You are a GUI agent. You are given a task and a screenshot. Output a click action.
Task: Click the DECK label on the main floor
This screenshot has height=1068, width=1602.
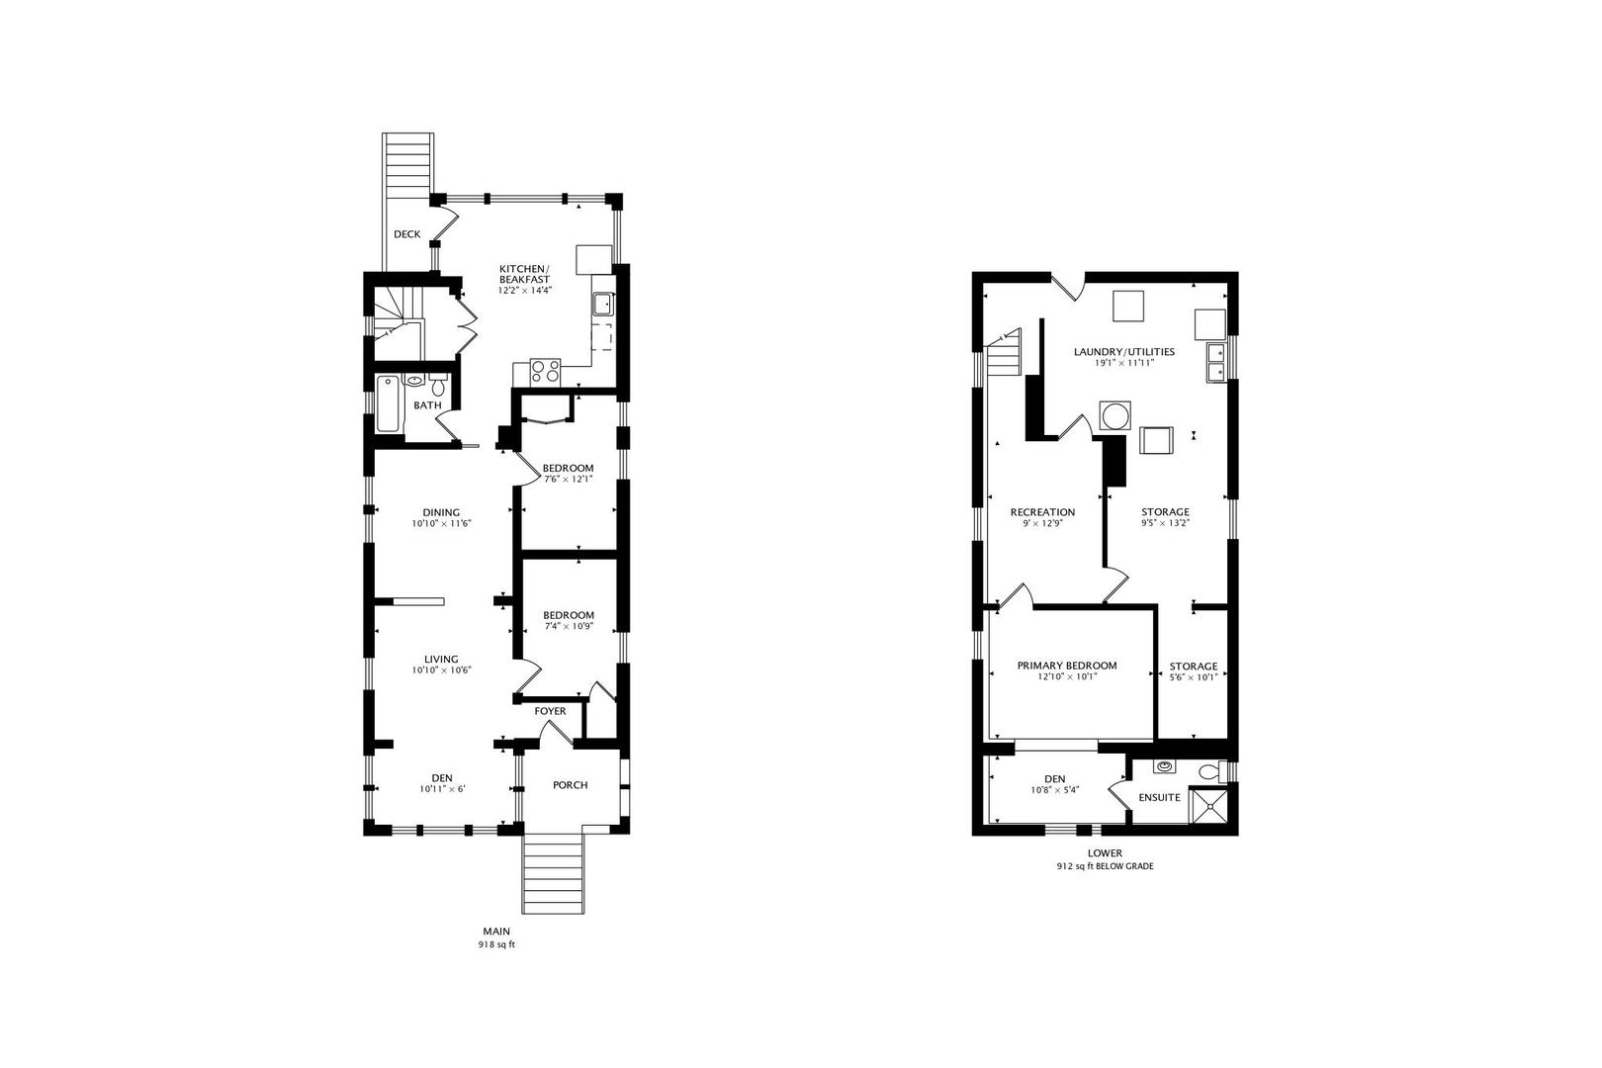(x=406, y=234)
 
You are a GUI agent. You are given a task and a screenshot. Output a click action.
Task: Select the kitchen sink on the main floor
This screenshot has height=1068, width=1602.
(x=602, y=304)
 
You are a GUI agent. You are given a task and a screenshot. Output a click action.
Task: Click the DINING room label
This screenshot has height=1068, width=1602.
(x=441, y=512)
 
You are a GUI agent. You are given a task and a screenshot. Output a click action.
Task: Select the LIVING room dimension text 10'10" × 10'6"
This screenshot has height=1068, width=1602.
(x=441, y=670)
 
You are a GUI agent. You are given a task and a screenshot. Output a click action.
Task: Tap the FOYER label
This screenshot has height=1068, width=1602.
(x=550, y=711)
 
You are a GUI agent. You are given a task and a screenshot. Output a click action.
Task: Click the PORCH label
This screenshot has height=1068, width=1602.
(x=570, y=785)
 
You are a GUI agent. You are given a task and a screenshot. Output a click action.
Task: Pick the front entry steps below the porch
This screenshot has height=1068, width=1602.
(x=557, y=874)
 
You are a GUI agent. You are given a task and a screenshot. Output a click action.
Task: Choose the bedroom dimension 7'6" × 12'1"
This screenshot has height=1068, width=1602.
(x=569, y=480)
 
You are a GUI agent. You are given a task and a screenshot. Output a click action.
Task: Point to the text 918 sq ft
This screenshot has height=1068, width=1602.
(x=496, y=944)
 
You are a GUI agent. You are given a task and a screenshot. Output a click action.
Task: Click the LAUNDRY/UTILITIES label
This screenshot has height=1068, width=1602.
(x=1124, y=351)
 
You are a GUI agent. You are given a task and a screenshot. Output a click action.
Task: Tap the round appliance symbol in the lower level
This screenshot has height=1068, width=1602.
(x=1114, y=415)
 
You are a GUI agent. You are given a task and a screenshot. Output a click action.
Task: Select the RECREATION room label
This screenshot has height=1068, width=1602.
(x=1042, y=512)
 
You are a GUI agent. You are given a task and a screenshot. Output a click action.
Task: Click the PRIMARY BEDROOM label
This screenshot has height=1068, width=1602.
(x=1067, y=666)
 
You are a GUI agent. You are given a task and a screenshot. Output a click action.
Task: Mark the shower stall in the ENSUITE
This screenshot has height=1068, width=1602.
(x=1209, y=808)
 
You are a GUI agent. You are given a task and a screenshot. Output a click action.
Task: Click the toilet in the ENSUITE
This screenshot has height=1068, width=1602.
(x=1210, y=771)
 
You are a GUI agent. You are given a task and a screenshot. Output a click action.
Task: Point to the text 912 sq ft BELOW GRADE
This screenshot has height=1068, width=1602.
(x=1105, y=866)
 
